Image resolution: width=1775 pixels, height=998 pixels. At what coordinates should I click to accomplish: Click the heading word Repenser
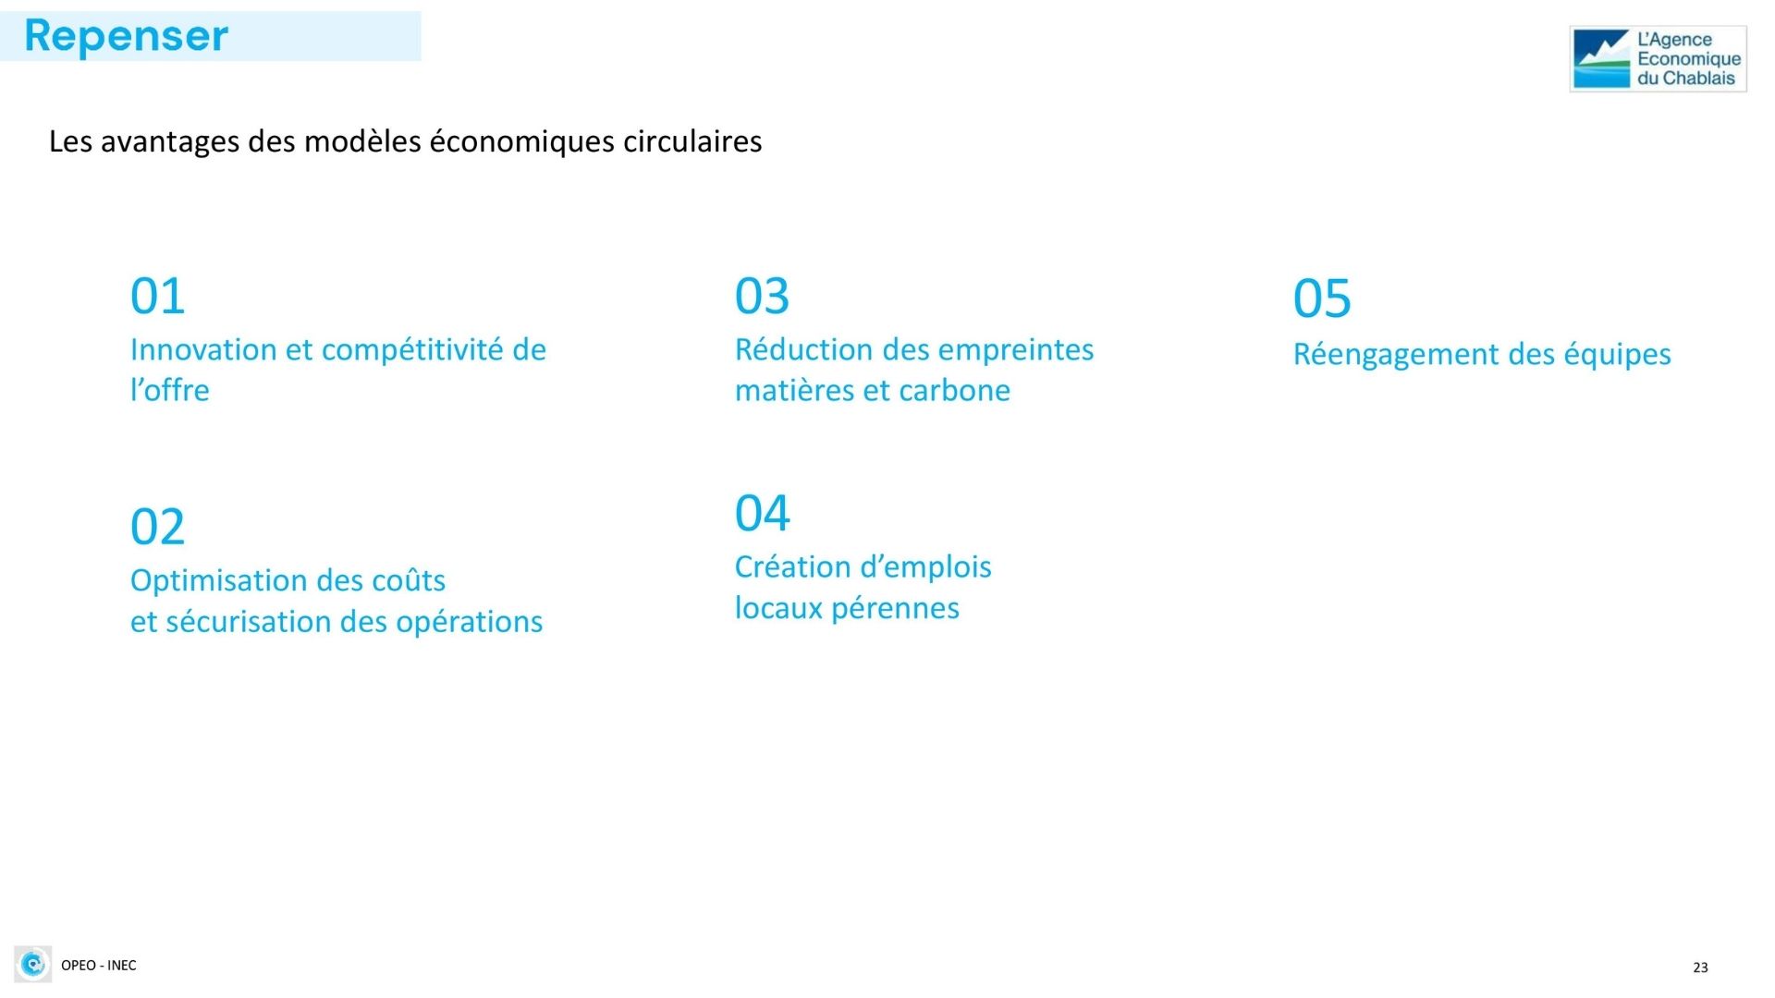tap(126, 37)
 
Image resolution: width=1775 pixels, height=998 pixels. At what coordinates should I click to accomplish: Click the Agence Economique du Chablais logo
tap(1658, 59)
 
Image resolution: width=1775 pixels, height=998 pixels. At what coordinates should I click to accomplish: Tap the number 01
tap(157, 297)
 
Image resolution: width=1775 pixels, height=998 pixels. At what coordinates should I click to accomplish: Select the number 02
tap(157, 528)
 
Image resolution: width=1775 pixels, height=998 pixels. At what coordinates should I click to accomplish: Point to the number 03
tap(762, 297)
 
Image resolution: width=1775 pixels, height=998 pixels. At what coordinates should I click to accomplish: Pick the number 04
tap(762, 514)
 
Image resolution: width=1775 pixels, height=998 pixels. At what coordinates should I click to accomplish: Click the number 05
tap(1322, 299)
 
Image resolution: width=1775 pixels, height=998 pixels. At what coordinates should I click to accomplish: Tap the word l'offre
tap(169, 390)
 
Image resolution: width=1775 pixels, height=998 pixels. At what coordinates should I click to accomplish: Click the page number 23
tap(1700, 968)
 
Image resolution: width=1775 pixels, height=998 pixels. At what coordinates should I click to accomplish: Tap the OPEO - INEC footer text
tap(98, 966)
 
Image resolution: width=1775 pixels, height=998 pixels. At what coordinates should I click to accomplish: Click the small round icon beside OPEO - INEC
tap(33, 965)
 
